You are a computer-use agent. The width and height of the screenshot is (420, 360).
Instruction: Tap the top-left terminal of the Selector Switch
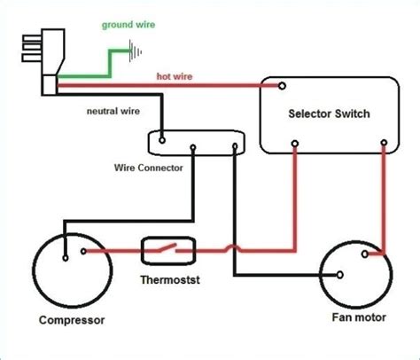tap(282, 87)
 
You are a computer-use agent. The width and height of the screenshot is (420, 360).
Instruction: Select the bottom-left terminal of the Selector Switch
tap(294, 142)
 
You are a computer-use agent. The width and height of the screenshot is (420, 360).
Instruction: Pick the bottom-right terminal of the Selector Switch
tap(384, 142)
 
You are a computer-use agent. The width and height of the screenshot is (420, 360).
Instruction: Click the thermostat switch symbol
tap(168, 251)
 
